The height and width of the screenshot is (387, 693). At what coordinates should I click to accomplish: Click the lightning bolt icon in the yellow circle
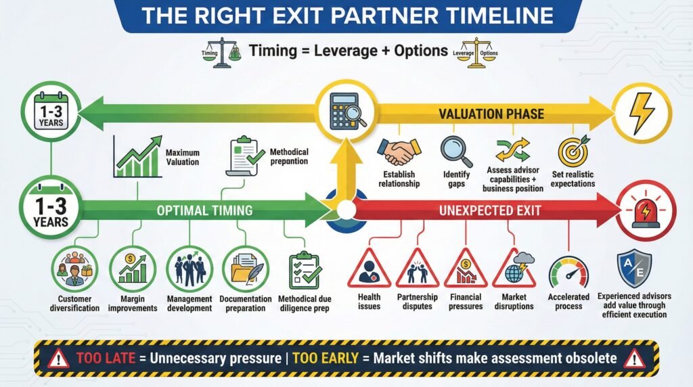click(641, 113)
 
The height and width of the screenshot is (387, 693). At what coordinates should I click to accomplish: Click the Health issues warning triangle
click(369, 270)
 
